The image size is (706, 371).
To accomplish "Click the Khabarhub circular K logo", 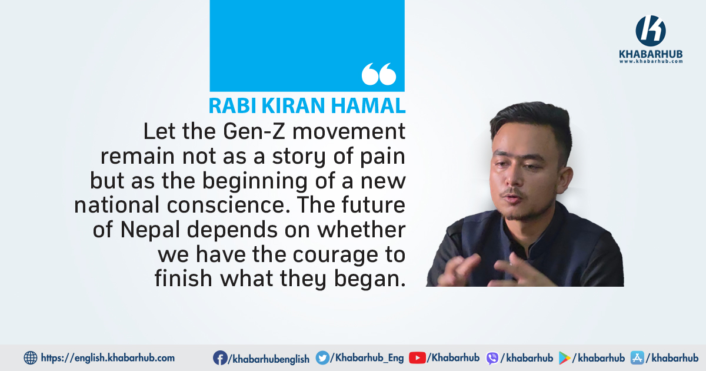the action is click(x=651, y=31).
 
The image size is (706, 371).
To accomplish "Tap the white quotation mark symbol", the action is click(x=379, y=74).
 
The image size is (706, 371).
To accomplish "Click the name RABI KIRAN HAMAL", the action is click(x=307, y=105).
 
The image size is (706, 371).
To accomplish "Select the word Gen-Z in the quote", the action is click(x=254, y=131).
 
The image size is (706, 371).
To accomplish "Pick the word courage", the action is click(x=335, y=256).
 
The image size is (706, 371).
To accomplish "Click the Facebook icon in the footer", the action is click(x=220, y=358).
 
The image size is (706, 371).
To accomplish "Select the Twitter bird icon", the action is click(x=322, y=358).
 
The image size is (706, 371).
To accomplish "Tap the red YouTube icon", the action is click(x=417, y=358).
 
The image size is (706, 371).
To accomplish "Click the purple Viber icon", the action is click(x=492, y=359).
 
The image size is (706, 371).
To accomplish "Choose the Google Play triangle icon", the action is click(x=564, y=359).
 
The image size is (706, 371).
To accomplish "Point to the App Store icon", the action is click(x=637, y=358).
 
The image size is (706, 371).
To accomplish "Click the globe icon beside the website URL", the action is click(x=31, y=358).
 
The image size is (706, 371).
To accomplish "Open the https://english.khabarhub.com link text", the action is click(x=108, y=358).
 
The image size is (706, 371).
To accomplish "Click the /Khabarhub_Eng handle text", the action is click(x=367, y=358).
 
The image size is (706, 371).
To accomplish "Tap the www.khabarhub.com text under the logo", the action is click(x=651, y=61).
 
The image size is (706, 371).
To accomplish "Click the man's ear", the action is click(x=567, y=180).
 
